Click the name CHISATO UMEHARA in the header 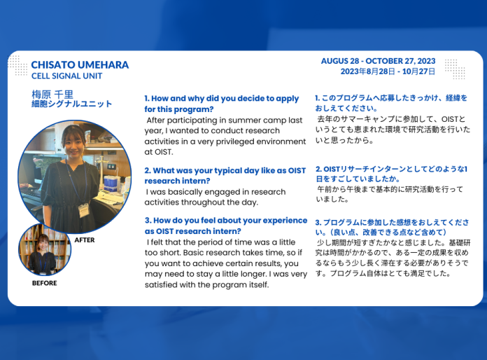pyautogui.click(x=80, y=64)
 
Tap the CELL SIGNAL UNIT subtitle pyautogui.click(x=66, y=76)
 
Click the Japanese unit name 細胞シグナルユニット pyautogui.click(x=71, y=104)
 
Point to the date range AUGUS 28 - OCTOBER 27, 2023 pyautogui.click(x=378, y=61)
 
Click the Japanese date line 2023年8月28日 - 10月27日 pyautogui.click(x=388, y=71)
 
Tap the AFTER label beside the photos pyautogui.click(x=84, y=240)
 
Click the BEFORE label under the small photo pyautogui.click(x=44, y=284)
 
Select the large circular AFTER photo pyautogui.click(x=74, y=176)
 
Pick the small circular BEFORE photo pyautogui.click(x=44, y=249)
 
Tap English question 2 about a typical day pyautogui.click(x=225, y=175)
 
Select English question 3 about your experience pyautogui.click(x=225, y=225)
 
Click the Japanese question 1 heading pyautogui.click(x=390, y=103)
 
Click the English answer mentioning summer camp pyautogui.click(x=225, y=136)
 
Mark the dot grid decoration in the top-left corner pyautogui.click(x=17, y=64)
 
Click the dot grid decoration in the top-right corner pyautogui.click(x=455, y=68)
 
